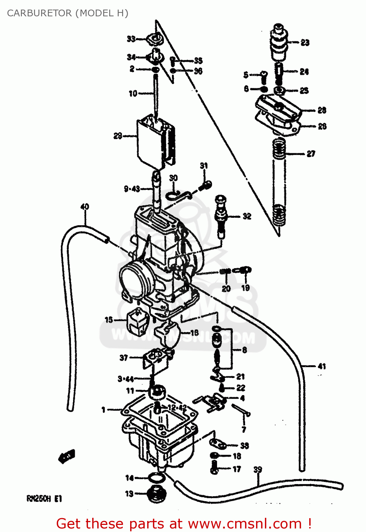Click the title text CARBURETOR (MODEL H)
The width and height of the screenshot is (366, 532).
tap(67, 13)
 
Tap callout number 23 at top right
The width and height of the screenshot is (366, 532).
tap(305, 43)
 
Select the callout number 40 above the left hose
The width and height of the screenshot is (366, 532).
tap(85, 206)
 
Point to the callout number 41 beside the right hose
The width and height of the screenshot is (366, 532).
tap(321, 366)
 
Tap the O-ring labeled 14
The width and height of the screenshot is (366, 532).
tap(156, 478)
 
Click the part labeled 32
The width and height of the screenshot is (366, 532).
tap(221, 216)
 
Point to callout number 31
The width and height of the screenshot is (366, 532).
tap(204, 166)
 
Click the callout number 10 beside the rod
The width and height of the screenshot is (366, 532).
tap(133, 93)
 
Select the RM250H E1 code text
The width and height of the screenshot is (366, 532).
tap(44, 499)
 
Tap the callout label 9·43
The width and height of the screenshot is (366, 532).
tap(132, 189)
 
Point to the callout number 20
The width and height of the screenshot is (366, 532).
tap(226, 288)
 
